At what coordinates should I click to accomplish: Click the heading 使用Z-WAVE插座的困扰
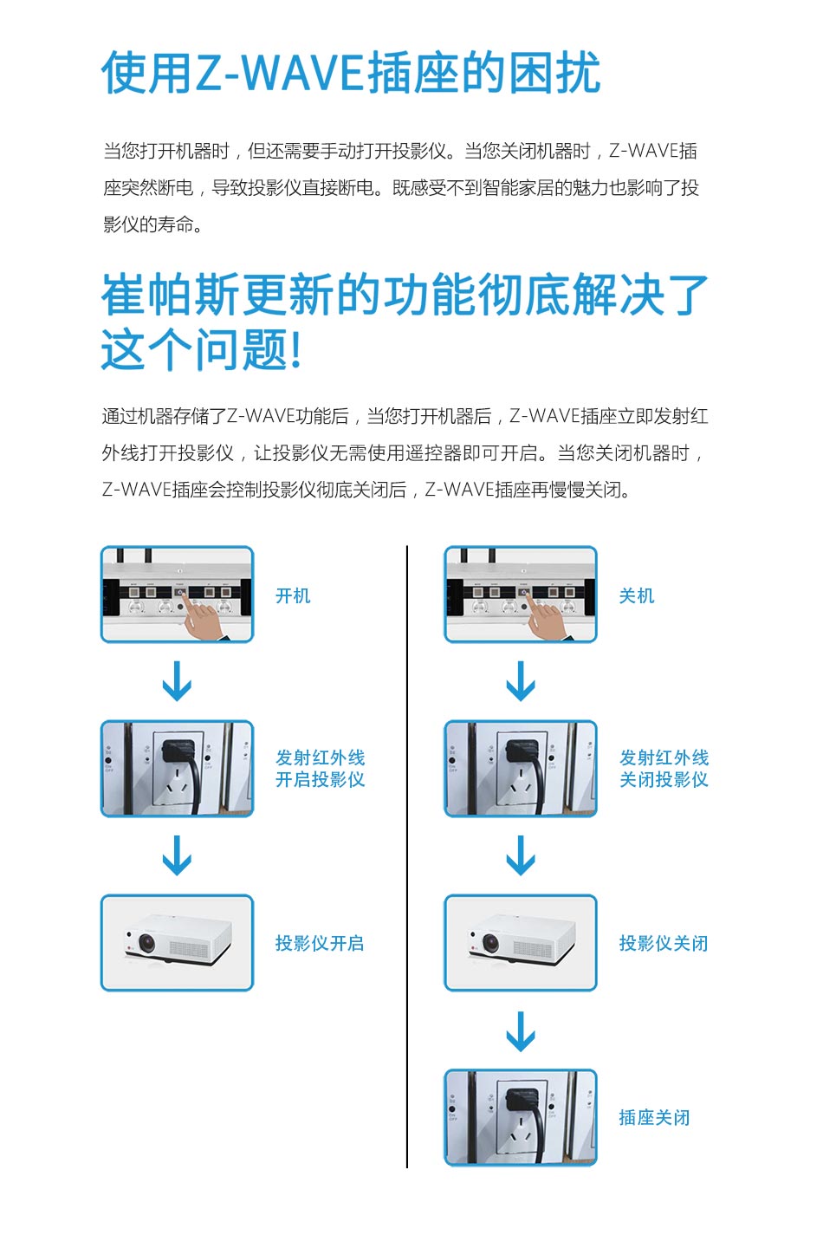(x=351, y=72)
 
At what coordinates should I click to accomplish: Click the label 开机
(x=293, y=595)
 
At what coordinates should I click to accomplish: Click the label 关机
(x=637, y=595)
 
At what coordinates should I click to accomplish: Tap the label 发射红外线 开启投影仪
(x=320, y=769)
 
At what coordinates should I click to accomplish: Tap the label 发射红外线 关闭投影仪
(x=664, y=769)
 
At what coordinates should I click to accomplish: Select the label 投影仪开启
(x=320, y=943)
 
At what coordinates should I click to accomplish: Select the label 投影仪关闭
(x=664, y=943)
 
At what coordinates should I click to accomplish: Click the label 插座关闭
(x=654, y=1117)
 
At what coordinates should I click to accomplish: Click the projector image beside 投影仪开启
(x=178, y=943)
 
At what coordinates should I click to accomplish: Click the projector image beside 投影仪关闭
(x=521, y=943)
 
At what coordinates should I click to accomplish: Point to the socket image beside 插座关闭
(x=521, y=1117)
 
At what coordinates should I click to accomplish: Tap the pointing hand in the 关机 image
(x=545, y=619)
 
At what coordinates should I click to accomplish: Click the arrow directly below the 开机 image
(x=177, y=681)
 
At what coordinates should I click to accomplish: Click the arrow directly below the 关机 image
(x=521, y=681)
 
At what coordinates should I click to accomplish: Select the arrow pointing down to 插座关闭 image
(x=521, y=1031)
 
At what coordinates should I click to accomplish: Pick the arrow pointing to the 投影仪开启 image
(x=177, y=856)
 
